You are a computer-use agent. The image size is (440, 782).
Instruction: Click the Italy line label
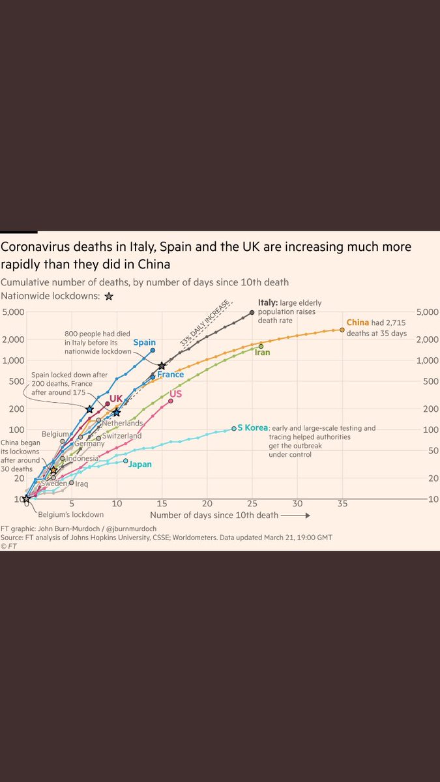click(x=267, y=302)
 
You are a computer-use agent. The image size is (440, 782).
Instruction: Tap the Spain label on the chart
click(x=144, y=342)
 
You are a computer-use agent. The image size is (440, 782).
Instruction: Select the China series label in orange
click(x=358, y=322)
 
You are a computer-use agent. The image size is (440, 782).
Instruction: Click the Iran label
click(x=262, y=353)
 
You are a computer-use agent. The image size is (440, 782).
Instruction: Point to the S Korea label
click(x=252, y=427)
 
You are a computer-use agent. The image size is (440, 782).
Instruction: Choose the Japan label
click(x=140, y=465)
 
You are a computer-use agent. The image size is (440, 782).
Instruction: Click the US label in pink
click(x=175, y=394)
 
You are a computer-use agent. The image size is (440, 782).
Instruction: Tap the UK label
click(x=116, y=398)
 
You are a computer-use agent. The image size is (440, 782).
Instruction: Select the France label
click(x=170, y=375)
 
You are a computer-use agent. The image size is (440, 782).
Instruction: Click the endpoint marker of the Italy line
click(x=252, y=312)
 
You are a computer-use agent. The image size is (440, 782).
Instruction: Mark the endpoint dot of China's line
click(x=342, y=330)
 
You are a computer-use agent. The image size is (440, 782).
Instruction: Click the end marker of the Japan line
click(x=126, y=461)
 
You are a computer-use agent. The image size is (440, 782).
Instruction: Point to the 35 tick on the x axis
click(x=342, y=504)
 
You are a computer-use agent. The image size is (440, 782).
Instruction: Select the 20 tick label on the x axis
click(x=207, y=504)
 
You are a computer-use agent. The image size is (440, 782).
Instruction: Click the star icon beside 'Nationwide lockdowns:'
click(x=109, y=296)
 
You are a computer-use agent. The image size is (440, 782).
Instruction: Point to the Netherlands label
click(x=122, y=423)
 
